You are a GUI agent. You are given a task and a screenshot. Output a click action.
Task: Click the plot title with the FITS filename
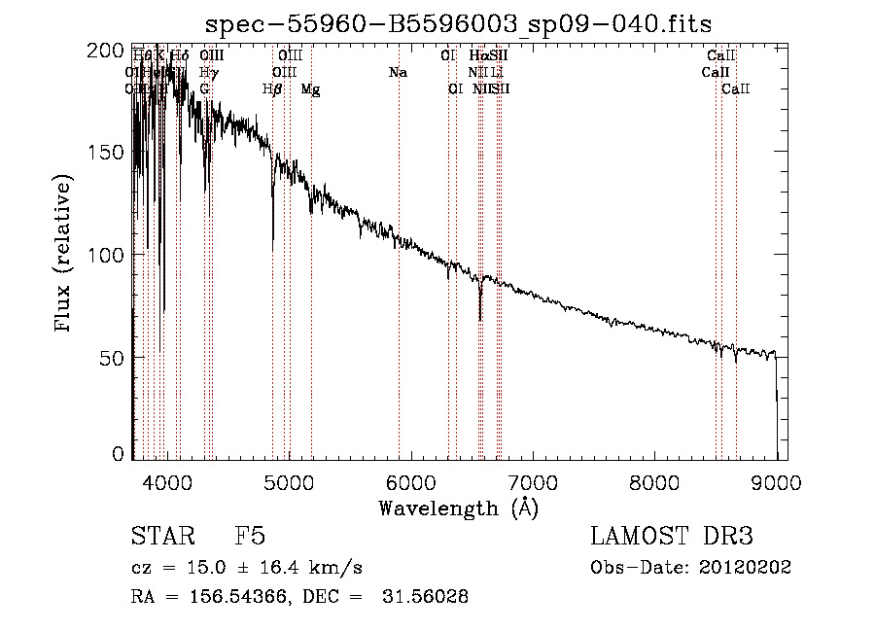(467, 23)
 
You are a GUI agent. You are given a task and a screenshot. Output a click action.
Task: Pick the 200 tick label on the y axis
(113, 51)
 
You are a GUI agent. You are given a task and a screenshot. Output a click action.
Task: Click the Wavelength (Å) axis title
(458, 508)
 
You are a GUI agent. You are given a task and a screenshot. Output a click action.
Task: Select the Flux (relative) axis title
(65, 255)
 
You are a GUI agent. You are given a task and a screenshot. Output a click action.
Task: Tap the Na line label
(398, 73)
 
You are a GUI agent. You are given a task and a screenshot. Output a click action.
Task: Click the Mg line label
(310, 89)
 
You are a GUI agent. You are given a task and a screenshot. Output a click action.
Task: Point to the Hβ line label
(272, 89)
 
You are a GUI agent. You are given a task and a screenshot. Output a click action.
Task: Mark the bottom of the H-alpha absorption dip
(480, 320)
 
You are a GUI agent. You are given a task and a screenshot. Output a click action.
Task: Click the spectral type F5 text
(250, 537)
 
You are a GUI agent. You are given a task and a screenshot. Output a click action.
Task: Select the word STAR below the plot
(162, 537)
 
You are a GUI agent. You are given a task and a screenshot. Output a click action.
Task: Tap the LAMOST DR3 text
(672, 537)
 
